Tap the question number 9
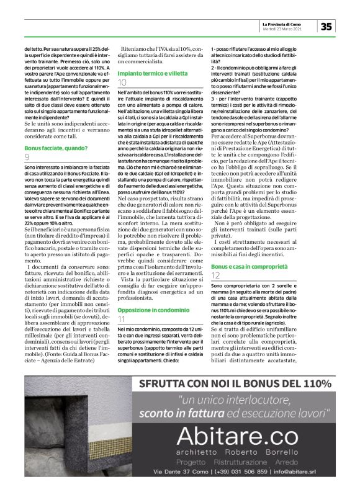27,158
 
